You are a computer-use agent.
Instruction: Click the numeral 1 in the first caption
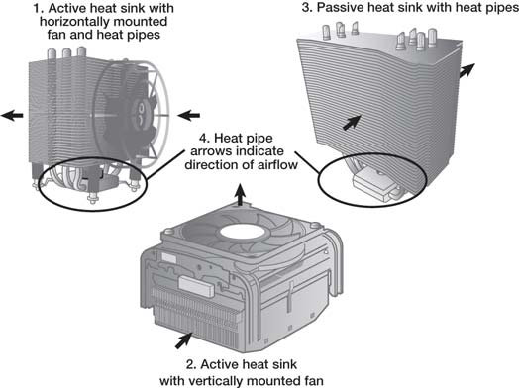(x=37, y=8)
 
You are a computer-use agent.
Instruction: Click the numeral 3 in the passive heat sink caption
(x=306, y=8)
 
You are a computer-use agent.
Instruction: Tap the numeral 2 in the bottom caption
(x=190, y=364)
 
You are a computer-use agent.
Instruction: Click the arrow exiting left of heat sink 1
(x=12, y=115)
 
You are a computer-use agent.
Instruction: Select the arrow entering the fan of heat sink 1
(x=188, y=116)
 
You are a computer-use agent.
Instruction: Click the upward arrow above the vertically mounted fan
(x=241, y=195)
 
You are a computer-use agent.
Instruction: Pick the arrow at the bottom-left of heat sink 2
(x=184, y=340)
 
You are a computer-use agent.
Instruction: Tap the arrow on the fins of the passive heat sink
(x=352, y=123)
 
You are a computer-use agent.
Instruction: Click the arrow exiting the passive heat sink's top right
(x=467, y=70)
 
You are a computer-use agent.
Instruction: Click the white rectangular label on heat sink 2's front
(x=197, y=285)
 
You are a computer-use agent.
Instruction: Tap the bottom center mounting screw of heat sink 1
(x=92, y=199)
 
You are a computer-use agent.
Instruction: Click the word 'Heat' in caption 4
(x=231, y=139)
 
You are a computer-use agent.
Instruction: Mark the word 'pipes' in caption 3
(x=498, y=8)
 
